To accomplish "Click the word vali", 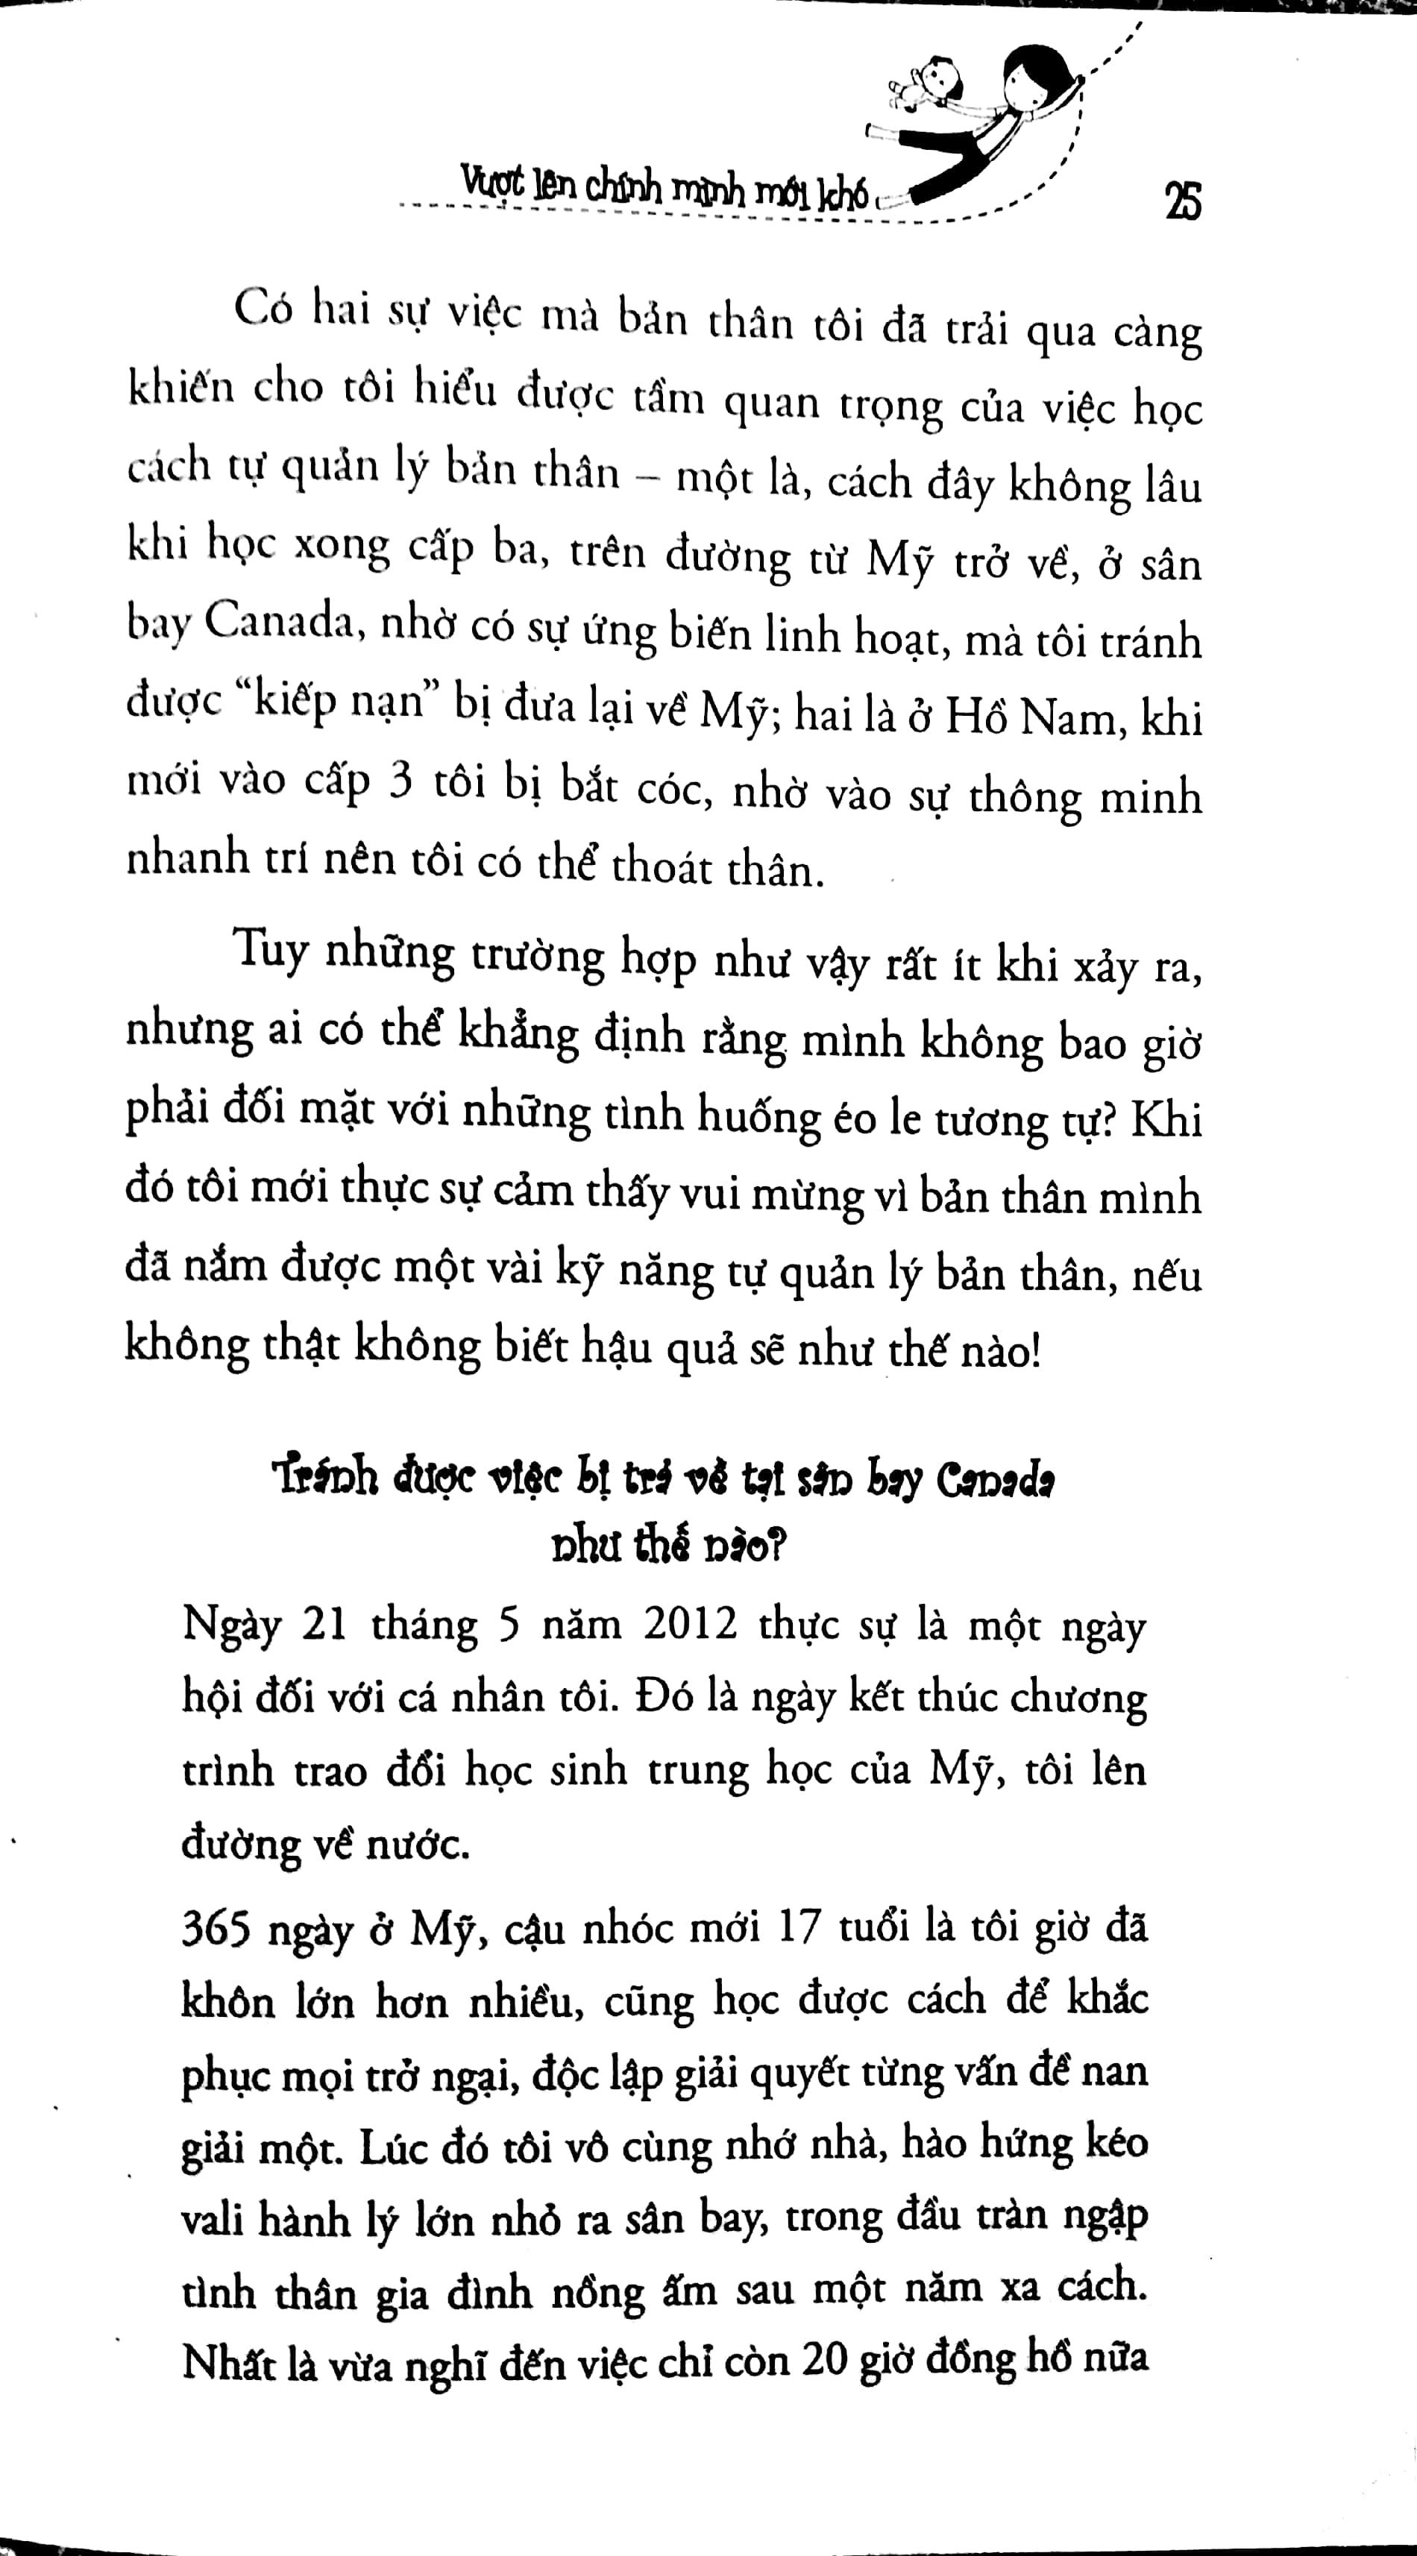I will (211, 2217).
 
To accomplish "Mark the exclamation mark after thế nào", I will (1035, 1351).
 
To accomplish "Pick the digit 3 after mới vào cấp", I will (400, 783).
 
